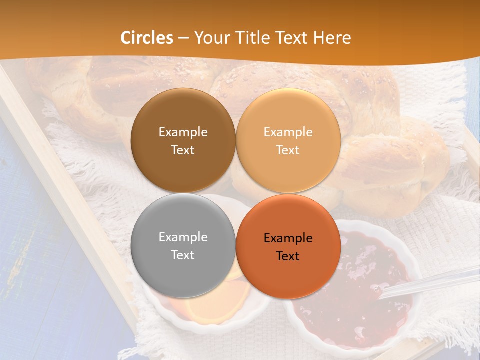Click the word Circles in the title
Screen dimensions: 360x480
pos(146,38)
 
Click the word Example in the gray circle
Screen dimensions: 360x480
pos(183,237)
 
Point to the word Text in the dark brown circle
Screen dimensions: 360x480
pos(183,150)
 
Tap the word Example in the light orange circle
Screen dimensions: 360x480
pos(288,132)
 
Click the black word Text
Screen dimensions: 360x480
pos(288,256)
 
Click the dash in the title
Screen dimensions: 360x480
pos(183,38)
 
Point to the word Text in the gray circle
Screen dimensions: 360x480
pos(183,255)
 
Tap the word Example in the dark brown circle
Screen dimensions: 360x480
pos(183,132)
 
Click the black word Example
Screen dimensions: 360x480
pos(288,238)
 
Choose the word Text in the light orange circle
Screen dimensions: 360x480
pos(288,150)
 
